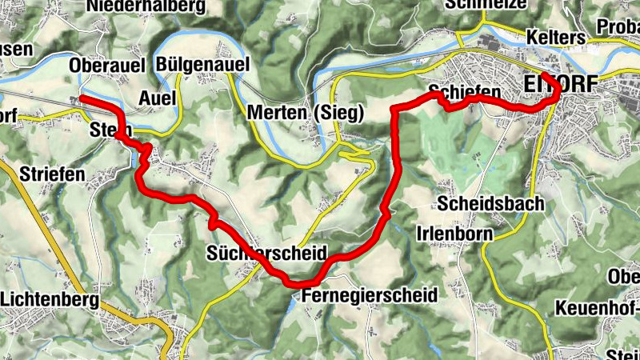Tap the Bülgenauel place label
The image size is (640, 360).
[x=203, y=65]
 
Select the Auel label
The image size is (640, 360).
[x=157, y=98]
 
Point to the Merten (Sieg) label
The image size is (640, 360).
[x=306, y=114]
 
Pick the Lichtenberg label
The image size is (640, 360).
[x=50, y=300]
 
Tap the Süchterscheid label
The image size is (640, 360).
[x=266, y=254]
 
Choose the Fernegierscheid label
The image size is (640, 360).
[x=370, y=295]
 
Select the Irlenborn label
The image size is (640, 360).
[x=455, y=233]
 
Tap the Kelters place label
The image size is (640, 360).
[x=555, y=38]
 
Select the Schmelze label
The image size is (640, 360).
[x=486, y=4]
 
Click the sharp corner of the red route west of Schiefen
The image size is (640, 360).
[x=392, y=107]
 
